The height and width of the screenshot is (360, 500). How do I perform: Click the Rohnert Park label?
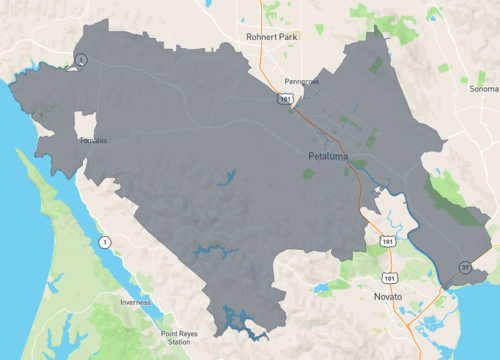pos(273,36)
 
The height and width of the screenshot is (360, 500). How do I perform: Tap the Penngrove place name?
pos(300,80)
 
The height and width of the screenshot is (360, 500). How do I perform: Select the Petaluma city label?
pos(330,157)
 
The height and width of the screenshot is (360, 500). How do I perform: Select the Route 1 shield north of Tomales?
pos(82,60)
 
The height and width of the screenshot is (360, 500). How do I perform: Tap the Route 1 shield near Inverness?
pos(103,242)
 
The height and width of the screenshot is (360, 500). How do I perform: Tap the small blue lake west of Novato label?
pos(321,290)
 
